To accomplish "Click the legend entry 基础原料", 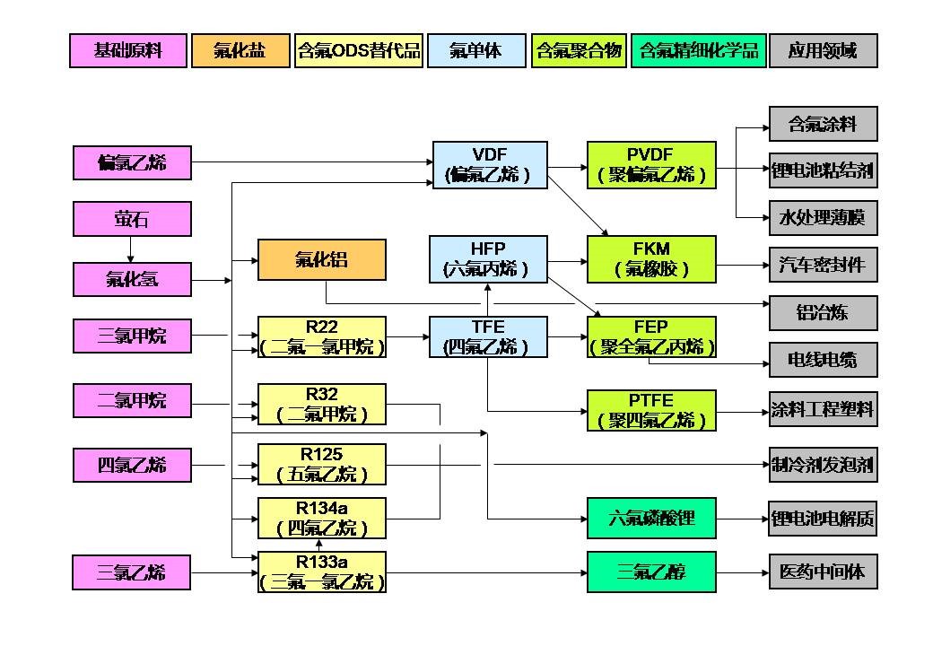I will coord(128,50).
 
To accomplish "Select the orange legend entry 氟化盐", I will coord(240,50).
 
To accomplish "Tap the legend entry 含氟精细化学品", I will coord(696,50).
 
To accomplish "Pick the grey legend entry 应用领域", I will coord(823,50).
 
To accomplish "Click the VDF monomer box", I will coord(490,164).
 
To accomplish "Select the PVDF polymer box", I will coord(651,164).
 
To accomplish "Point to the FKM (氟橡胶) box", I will coord(651,258).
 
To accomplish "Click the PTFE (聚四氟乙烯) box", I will coord(651,410).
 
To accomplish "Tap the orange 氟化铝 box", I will coord(322,260).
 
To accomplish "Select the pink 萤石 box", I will coord(132,219).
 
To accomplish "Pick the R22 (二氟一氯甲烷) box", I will coord(322,336).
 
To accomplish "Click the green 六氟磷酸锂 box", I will coord(651,518).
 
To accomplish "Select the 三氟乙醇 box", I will coord(651,572).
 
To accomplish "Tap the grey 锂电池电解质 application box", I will coord(823,519).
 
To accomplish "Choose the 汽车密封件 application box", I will coord(823,266).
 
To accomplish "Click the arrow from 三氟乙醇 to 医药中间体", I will coord(742,572).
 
